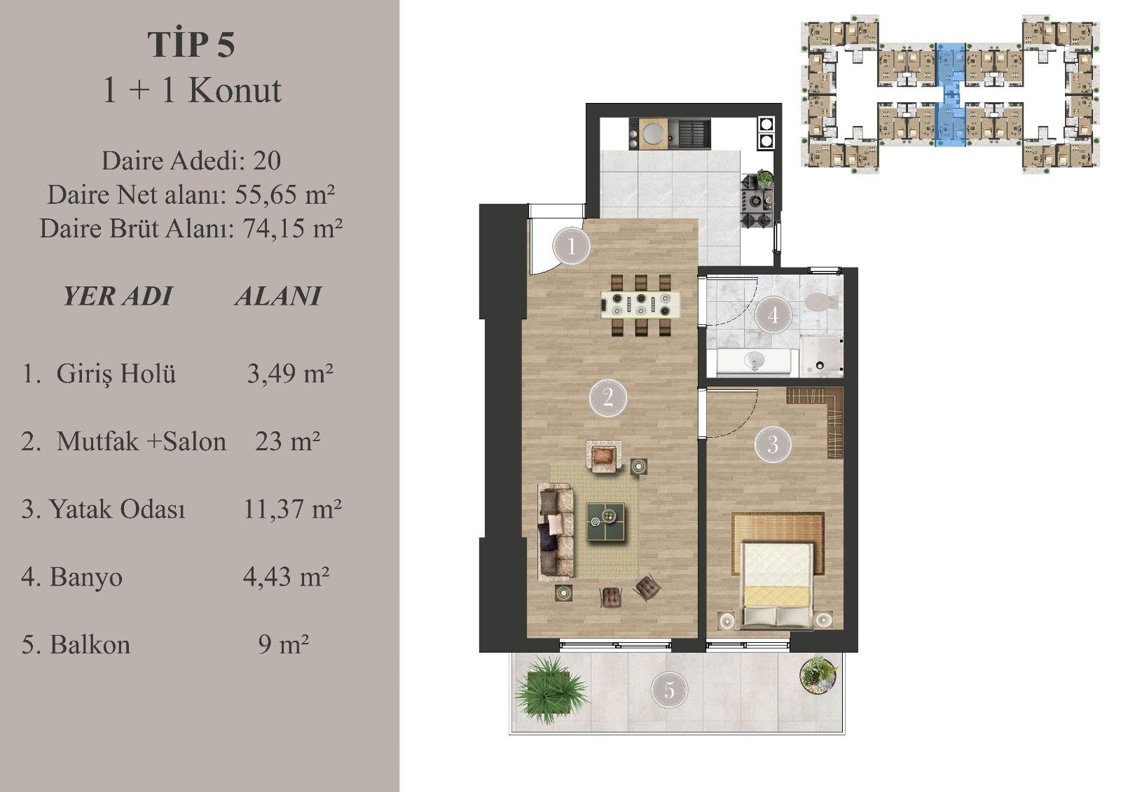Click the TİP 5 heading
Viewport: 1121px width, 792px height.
tap(191, 45)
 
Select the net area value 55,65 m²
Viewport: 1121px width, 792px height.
tap(284, 194)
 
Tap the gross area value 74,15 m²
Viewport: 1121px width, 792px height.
tap(292, 229)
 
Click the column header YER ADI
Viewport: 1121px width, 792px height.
tap(118, 296)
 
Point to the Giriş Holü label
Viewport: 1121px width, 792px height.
tap(116, 374)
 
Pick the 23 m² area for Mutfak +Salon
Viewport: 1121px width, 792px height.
tap(287, 441)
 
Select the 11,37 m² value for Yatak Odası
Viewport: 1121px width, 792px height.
tap(291, 509)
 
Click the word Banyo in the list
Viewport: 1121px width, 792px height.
tap(86, 577)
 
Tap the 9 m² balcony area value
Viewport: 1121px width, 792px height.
tap(283, 644)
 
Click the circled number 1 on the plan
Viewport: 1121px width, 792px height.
tap(572, 246)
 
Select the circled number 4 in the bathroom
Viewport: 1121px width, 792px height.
tap(773, 315)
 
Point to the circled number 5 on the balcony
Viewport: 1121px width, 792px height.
tap(669, 691)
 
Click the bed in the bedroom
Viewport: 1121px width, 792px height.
tap(777, 584)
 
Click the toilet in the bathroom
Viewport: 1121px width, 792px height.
tap(820, 302)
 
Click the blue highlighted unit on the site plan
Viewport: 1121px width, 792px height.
tap(950, 95)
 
